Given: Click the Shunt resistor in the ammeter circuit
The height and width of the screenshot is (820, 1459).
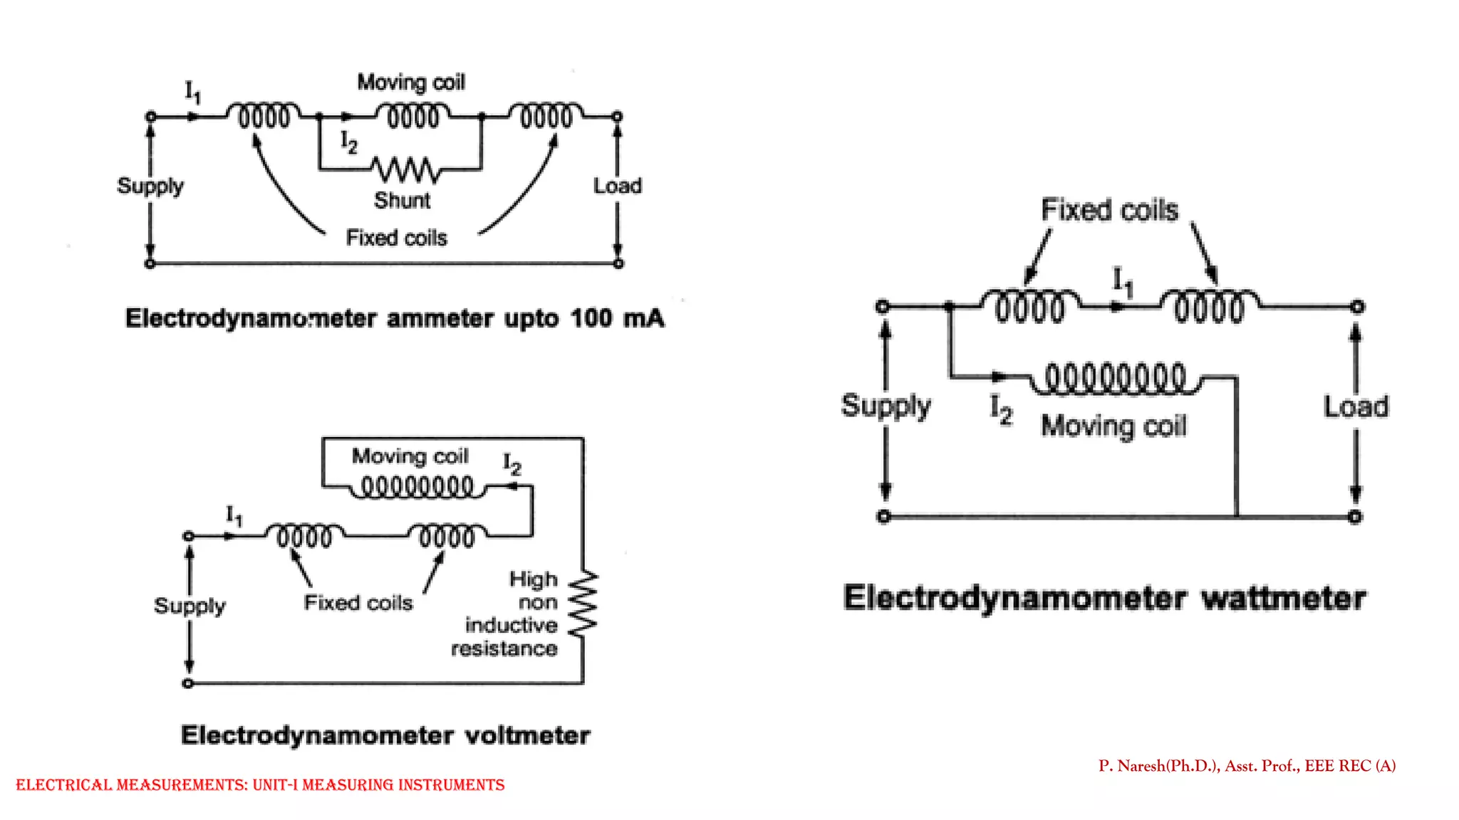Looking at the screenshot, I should (405, 169).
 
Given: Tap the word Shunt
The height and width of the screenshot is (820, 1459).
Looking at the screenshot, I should (402, 201).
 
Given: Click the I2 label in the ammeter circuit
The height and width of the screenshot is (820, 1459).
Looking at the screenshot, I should (348, 142).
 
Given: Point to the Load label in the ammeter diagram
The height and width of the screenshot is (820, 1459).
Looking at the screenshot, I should (617, 186).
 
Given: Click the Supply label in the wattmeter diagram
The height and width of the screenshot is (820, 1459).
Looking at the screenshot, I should (886, 406).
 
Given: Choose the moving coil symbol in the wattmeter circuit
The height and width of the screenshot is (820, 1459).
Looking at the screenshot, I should (1115, 379).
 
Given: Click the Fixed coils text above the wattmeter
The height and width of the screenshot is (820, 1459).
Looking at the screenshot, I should (1109, 210).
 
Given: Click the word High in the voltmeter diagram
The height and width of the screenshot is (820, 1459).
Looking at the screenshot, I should (533, 579).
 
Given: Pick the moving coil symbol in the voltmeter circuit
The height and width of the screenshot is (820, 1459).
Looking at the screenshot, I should (417, 488).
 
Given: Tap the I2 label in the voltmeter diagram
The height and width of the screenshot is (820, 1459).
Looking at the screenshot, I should (512, 464).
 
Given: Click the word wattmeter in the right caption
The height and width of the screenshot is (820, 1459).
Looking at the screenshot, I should (1283, 598).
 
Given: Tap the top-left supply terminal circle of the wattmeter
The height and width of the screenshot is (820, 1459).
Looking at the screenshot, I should (883, 307).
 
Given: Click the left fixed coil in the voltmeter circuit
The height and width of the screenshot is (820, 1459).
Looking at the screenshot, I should (304, 535).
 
